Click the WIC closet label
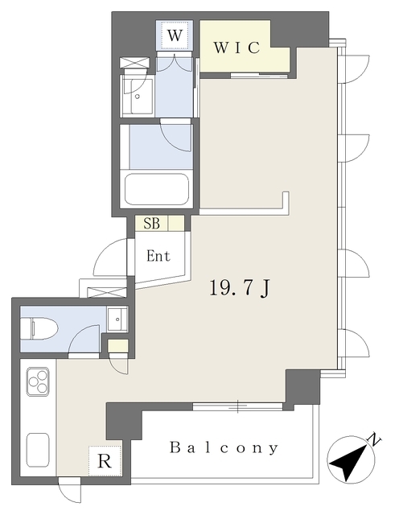coord(237,47)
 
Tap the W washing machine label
coord(175,35)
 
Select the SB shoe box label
coord(152,224)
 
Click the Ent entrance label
coord(158,256)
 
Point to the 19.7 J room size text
coord(240,289)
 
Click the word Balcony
coord(224,448)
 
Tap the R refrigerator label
coord(105,461)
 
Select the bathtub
coord(157,189)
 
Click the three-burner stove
coord(38,381)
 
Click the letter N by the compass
coord(374,440)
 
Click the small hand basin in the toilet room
coord(117,319)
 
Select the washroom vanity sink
coord(138,97)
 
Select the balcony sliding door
coord(238,407)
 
